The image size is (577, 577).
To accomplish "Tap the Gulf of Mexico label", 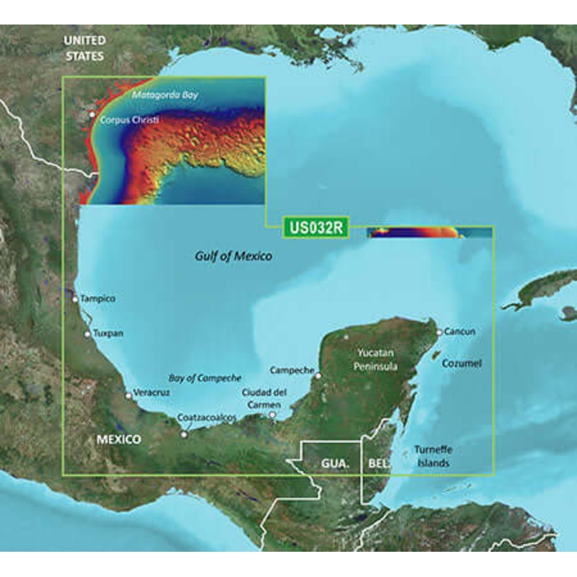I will click(234, 256).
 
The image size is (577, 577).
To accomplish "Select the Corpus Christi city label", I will click(130, 120).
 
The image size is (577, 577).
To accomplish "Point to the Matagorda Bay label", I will click(164, 94).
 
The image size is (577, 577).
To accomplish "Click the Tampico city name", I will click(98, 298).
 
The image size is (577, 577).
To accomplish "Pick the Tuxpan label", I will click(108, 334).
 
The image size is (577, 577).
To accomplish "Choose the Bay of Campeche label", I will click(205, 378).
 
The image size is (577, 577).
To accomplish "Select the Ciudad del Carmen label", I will click(265, 397).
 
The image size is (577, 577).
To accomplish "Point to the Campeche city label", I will click(291, 370).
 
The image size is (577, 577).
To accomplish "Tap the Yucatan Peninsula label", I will click(375, 359).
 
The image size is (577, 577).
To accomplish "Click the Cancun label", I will click(460, 332).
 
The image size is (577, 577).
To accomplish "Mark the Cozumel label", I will click(461, 364).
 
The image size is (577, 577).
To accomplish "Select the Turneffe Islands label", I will click(433, 456).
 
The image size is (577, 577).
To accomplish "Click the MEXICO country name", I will click(120, 439).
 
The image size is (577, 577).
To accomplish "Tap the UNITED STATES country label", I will click(84, 48).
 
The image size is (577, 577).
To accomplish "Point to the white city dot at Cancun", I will click(439, 332).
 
